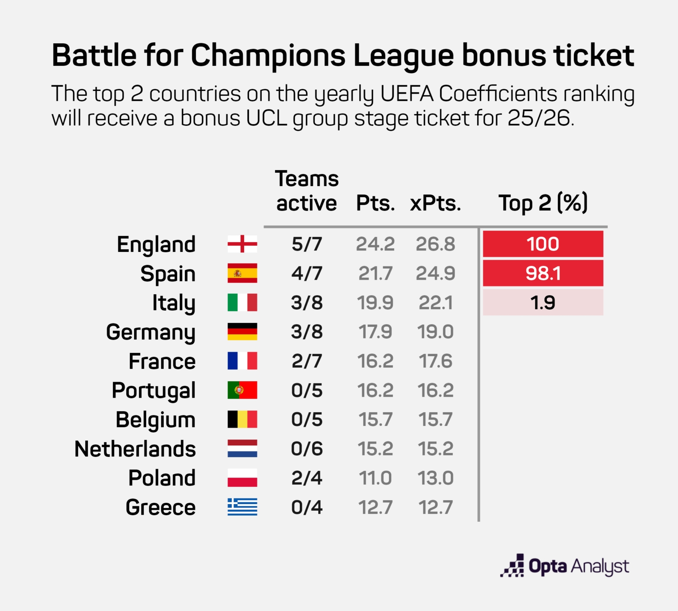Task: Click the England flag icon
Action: tap(242, 244)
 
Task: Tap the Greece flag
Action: tap(242, 507)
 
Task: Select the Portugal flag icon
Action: tap(242, 390)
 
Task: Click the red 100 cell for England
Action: tap(543, 244)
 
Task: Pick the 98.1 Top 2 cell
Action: tap(543, 273)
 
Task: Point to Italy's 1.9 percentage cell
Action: tap(543, 303)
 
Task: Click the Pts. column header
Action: tap(375, 203)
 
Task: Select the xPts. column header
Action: tap(435, 203)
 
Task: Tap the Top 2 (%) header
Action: tap(543, 203)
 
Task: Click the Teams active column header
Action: tap(307, 191)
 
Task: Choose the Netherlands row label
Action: tap(135, 449)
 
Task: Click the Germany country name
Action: tap(151, 332)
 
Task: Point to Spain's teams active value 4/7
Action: tap(307, 273)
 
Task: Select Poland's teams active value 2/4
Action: tap(307, 478)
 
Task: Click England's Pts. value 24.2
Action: tap(375, 244)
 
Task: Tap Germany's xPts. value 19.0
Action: tap(435, 332)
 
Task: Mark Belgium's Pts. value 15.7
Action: tap(375, 419)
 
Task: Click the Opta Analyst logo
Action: tap(565, 566)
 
